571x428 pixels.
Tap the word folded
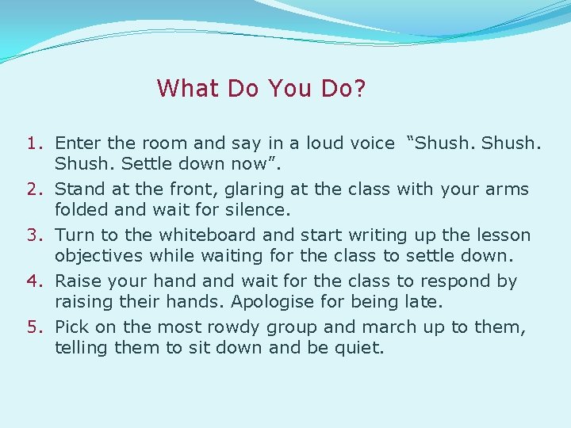pyautogui.click(x=81, y=210)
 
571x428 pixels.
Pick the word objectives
pyautogui.click(x=99, y=256)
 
